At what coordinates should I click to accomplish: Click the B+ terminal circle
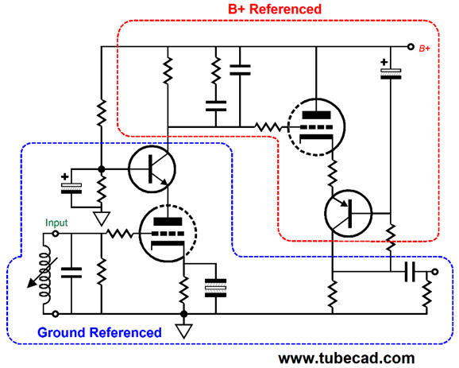click(411, 47)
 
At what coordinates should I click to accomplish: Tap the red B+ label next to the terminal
click(425, 48)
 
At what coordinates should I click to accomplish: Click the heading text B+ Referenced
click(275, 9)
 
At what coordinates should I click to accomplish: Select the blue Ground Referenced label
click(99, 332)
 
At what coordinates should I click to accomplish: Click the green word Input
click(56, 223)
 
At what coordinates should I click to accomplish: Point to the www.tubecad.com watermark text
click(346, 358)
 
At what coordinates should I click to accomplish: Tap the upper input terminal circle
click(56, 234)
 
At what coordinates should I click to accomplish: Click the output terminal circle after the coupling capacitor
click(435, 272)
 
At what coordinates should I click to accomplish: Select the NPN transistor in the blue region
click(152, 169)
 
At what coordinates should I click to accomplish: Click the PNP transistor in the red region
click(349, 214)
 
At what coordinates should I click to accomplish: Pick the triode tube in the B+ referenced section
click(316, 127)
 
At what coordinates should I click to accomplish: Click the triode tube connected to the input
click(168, 234)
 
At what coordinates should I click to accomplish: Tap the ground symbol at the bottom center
click(183, 331)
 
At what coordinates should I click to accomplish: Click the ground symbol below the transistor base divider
click(102, 219)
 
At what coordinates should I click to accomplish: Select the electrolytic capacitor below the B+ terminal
click(391, 72)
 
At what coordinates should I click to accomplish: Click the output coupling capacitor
click(410, 272)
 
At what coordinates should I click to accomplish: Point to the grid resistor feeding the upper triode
click(268, 127)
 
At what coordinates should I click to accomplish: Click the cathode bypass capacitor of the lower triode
click(216, 288)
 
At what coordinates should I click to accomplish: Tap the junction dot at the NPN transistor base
click(102, 169)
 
